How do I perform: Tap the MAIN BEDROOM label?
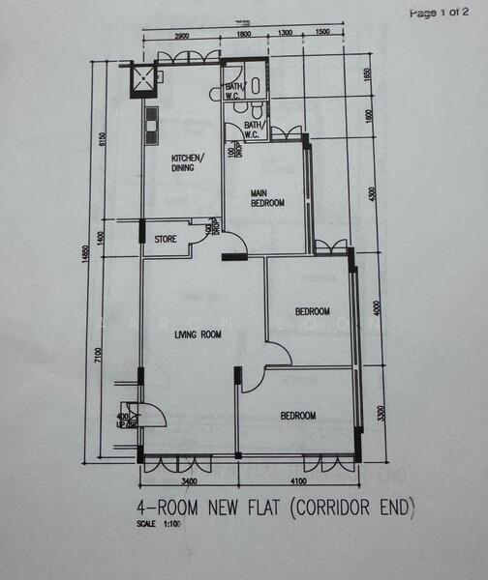pos(267,198)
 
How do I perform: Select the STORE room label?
pos(166,238)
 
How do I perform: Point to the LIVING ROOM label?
pos(198,335)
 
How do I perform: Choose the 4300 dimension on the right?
pos(371,193)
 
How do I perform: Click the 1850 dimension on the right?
pos(368,75)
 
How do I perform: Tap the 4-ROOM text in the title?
pos(168,506)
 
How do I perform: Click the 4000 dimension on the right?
pos(378,307)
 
